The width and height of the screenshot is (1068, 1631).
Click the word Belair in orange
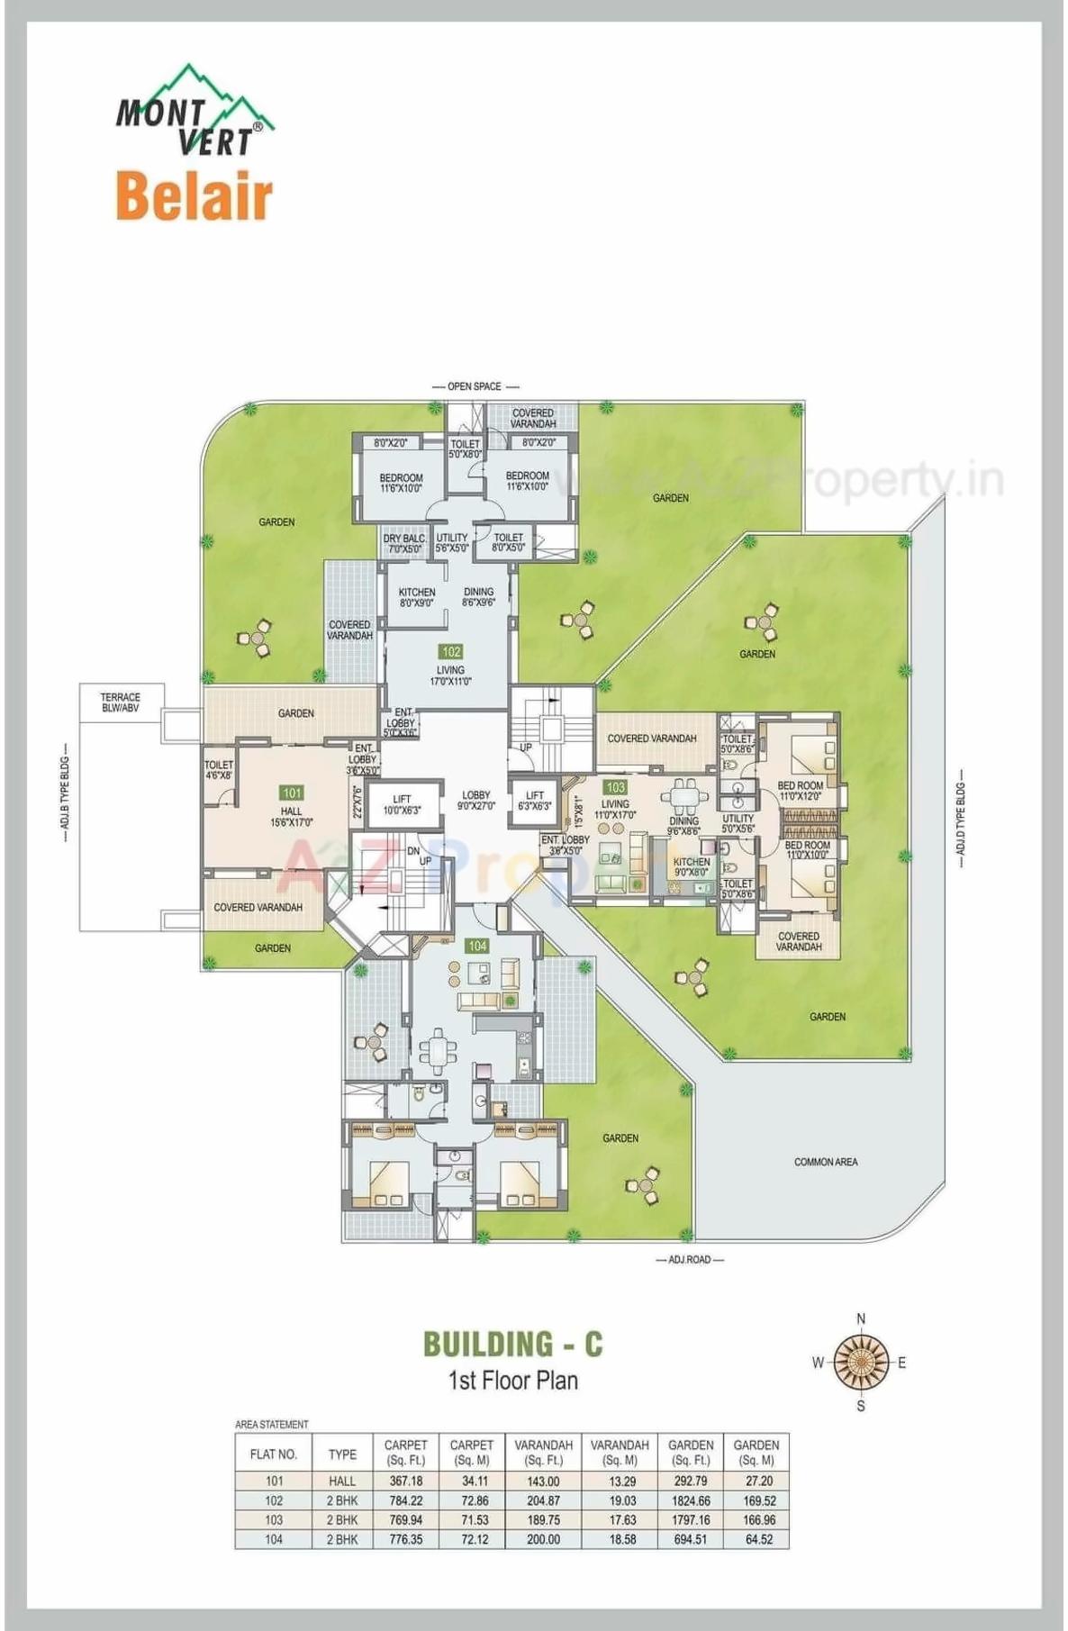tap(194, 196)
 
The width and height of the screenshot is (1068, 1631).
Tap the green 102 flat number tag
tap(450, 651)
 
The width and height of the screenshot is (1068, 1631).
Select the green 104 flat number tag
tap(476, 946)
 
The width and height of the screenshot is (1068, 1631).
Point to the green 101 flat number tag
tap(291, 793)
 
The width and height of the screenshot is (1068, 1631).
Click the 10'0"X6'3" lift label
tap(402, 804)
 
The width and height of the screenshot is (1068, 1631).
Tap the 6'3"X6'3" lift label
tap(535, 801)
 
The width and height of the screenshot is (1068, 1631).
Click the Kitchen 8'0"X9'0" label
tap(416, 597)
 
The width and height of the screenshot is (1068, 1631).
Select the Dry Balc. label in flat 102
tap(404, 543)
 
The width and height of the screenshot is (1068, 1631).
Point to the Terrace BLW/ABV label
tap(120, 702)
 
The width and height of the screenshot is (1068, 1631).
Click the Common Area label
tap(825, 1162)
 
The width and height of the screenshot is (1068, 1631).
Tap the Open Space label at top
tap(474, 386)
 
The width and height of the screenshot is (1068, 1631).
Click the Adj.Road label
tap(689, 1259)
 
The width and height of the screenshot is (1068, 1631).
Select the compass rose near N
tap(860, 1361)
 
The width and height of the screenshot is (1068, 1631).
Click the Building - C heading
tap(512, 1344)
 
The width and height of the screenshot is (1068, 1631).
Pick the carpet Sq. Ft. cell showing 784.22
tap(405, 1500)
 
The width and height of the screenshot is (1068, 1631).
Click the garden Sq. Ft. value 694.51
tap(690, 1539)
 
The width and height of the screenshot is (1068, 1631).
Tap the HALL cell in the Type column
tap(342, 1481)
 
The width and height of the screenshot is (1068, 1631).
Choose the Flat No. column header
tap(274, 1454)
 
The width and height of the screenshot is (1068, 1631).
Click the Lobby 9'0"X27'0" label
tap(475, 801)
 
